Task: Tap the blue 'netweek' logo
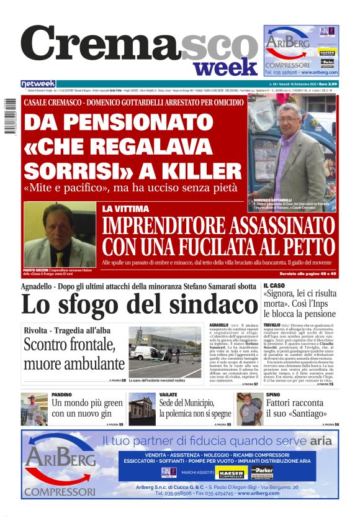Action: (38, 84)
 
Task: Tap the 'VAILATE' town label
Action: (168, 394)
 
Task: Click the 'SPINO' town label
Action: (273, 394)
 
